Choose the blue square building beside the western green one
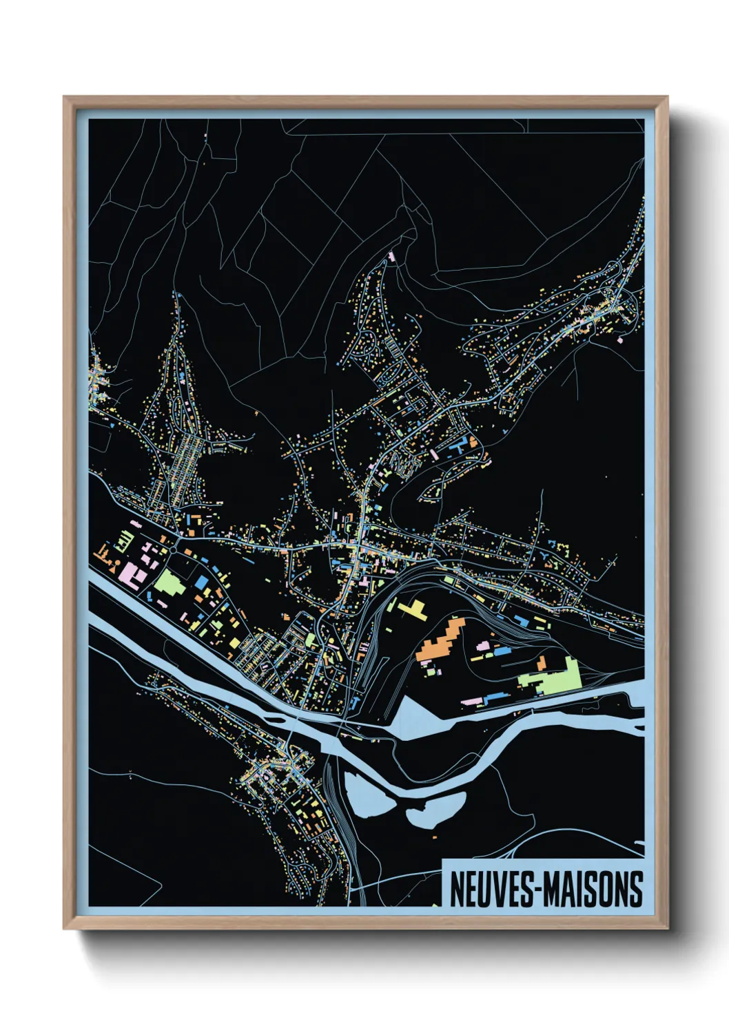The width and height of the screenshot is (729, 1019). point(201,582)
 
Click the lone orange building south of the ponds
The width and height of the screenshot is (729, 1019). point(436,836)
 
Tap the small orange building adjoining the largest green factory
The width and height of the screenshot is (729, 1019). point(542,663)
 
